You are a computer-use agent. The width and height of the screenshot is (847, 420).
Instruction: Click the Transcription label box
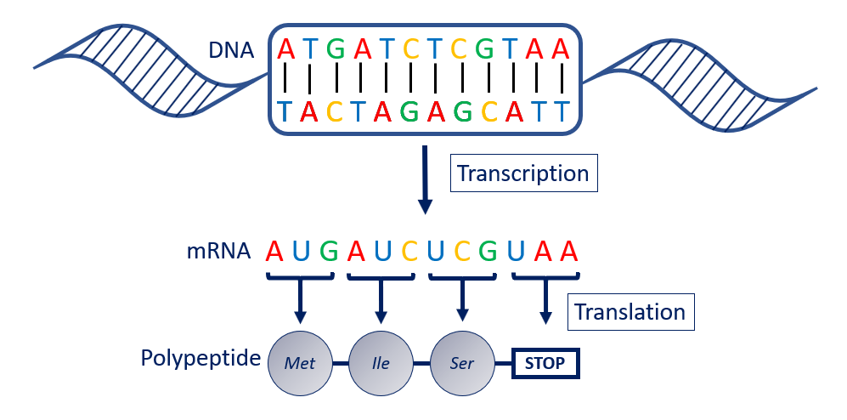[522, 173]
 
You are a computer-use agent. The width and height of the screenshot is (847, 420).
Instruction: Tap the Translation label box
[630, 312]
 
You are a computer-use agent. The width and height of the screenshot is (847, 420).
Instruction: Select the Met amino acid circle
[300, 363]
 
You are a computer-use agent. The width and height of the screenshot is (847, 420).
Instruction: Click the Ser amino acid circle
[463, 363]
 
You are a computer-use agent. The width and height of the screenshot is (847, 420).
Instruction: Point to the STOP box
[545, 364]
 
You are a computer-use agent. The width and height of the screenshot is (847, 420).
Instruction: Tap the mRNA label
[218, 251]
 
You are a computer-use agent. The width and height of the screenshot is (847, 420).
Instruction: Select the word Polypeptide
[200, 358]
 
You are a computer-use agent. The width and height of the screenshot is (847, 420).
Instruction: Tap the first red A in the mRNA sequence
[274, 251]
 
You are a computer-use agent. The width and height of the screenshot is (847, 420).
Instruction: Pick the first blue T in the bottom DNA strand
[285, 111]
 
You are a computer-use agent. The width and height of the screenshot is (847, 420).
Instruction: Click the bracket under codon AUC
[381, 276]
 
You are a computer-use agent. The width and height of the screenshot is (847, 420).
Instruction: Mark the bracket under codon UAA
[545, 276]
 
